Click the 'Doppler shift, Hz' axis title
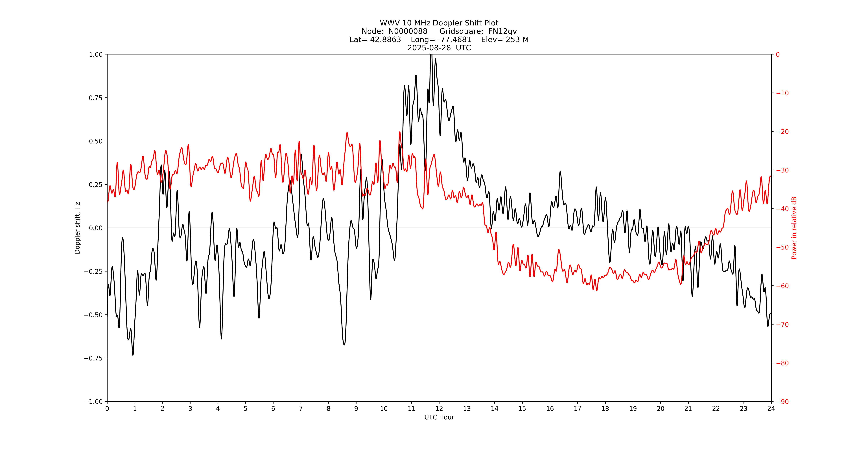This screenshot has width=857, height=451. [78, 228]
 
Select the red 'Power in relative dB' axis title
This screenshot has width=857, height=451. [794, 228]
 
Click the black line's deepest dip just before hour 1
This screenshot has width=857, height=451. [133, 355]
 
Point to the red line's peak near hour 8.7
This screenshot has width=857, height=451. [347, 133]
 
